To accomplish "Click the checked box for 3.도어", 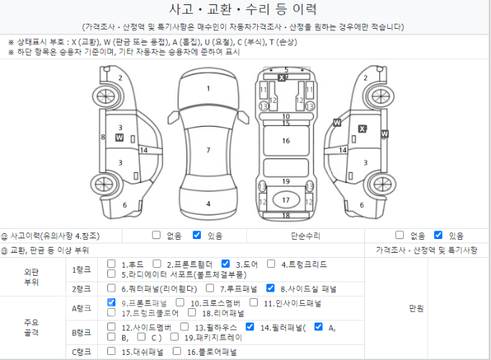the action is [225, 264].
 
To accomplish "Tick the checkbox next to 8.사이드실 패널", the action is [270, 288].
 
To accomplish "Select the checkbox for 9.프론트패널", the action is [111, 302].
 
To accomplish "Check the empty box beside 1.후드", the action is [111, 264].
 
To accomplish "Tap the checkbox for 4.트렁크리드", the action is [271, 264].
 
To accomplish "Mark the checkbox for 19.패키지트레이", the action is [174, 336].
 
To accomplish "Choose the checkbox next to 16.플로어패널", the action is [177, 351].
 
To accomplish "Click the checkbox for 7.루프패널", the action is [210, 288].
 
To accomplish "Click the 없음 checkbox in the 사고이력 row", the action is [156, 235].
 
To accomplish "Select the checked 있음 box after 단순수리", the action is [438, 235].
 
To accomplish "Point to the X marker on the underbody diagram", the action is [281, 78].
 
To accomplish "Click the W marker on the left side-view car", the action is [120, 138].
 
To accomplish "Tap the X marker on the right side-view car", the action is [362, 129].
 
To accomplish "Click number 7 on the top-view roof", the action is [208, 150].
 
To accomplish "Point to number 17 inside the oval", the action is [286, 200].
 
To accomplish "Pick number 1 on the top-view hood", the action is [208, 89].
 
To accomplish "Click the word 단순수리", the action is [305, 235].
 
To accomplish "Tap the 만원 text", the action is [416, 308].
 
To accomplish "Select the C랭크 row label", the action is [81, 352].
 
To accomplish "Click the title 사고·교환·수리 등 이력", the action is [243, 9].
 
